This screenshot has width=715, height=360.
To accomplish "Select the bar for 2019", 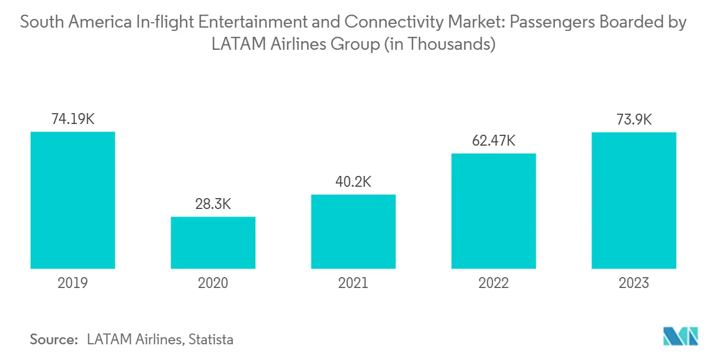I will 73,200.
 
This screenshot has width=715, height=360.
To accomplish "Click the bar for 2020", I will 213,243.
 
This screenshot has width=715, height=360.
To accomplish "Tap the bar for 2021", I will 353,231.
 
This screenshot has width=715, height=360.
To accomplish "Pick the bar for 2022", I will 493,211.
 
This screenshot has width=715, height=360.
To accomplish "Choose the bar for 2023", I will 634,200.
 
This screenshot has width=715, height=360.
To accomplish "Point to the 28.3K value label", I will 213,205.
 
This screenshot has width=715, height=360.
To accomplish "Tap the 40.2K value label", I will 353,182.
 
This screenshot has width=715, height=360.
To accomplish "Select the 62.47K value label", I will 493,141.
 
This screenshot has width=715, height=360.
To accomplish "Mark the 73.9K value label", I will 634,120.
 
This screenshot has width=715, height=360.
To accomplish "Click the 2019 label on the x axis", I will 73,283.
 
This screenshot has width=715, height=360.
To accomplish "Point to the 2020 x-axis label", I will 213,283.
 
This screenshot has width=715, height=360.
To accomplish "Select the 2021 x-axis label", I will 353,283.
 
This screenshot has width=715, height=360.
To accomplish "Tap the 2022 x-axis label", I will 493,283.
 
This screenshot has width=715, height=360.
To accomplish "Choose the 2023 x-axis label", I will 634,283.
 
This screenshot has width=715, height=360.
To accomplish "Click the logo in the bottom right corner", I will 681,336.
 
